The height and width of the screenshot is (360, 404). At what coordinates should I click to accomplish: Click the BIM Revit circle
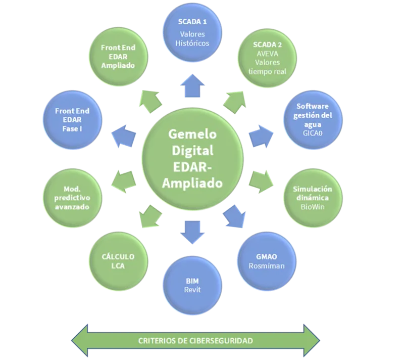[x=193, y=282]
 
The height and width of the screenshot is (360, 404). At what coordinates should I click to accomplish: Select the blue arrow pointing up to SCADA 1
[x=193, y=85]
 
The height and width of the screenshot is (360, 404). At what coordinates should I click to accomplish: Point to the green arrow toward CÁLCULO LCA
[x=150, y=215]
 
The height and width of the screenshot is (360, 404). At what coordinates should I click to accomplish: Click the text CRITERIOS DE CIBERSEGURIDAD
[x=195, y=341]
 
